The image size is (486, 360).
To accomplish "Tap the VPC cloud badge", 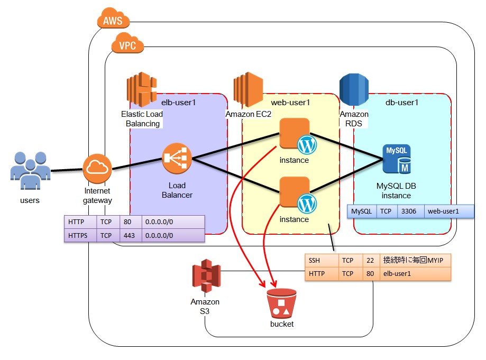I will click(x=127, y=45).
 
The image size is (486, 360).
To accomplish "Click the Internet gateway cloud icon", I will click(x=98, y=169).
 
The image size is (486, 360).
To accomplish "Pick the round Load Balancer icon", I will click(x=177, y=158).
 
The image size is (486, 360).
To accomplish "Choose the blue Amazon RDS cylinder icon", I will click(x=354, y=90).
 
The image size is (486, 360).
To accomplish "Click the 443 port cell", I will click(x=131, y=235).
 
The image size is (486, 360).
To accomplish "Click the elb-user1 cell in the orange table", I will click(x=416, y=274).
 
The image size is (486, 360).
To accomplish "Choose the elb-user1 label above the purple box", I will click(x=179, y=102).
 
